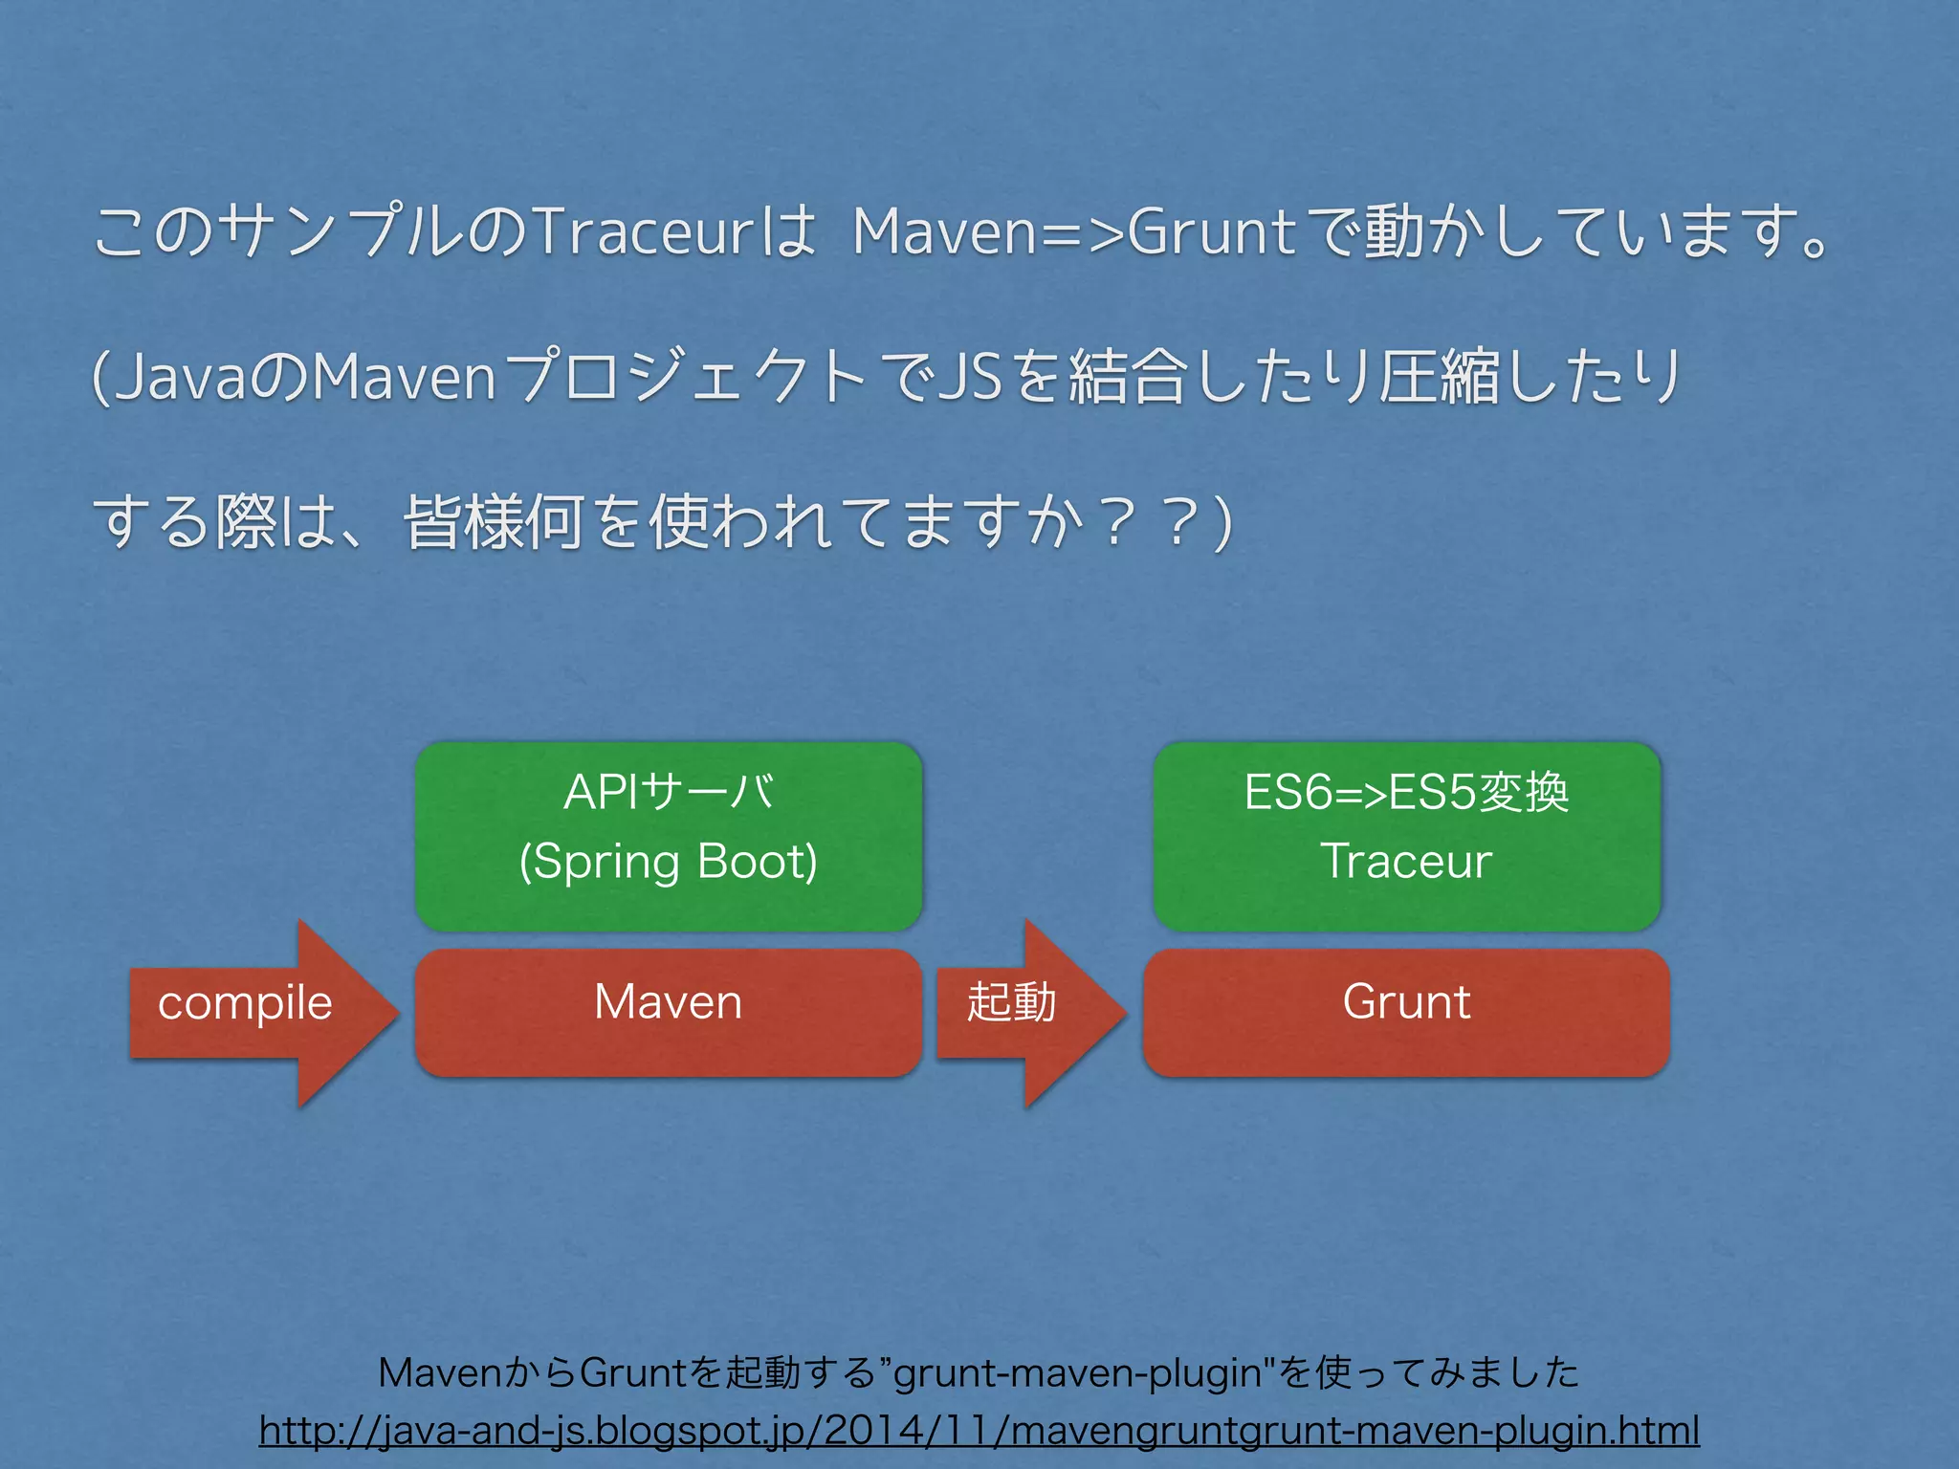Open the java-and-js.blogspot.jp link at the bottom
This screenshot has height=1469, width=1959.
(979, 1431)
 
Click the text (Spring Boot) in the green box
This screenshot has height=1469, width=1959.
(669, 861)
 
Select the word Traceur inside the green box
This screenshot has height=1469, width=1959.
(1406, 861)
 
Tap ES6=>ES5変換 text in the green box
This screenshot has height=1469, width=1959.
(1406, 792)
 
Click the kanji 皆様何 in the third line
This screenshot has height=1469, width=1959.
(494, 523)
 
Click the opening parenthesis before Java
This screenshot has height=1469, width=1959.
(99, 377)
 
